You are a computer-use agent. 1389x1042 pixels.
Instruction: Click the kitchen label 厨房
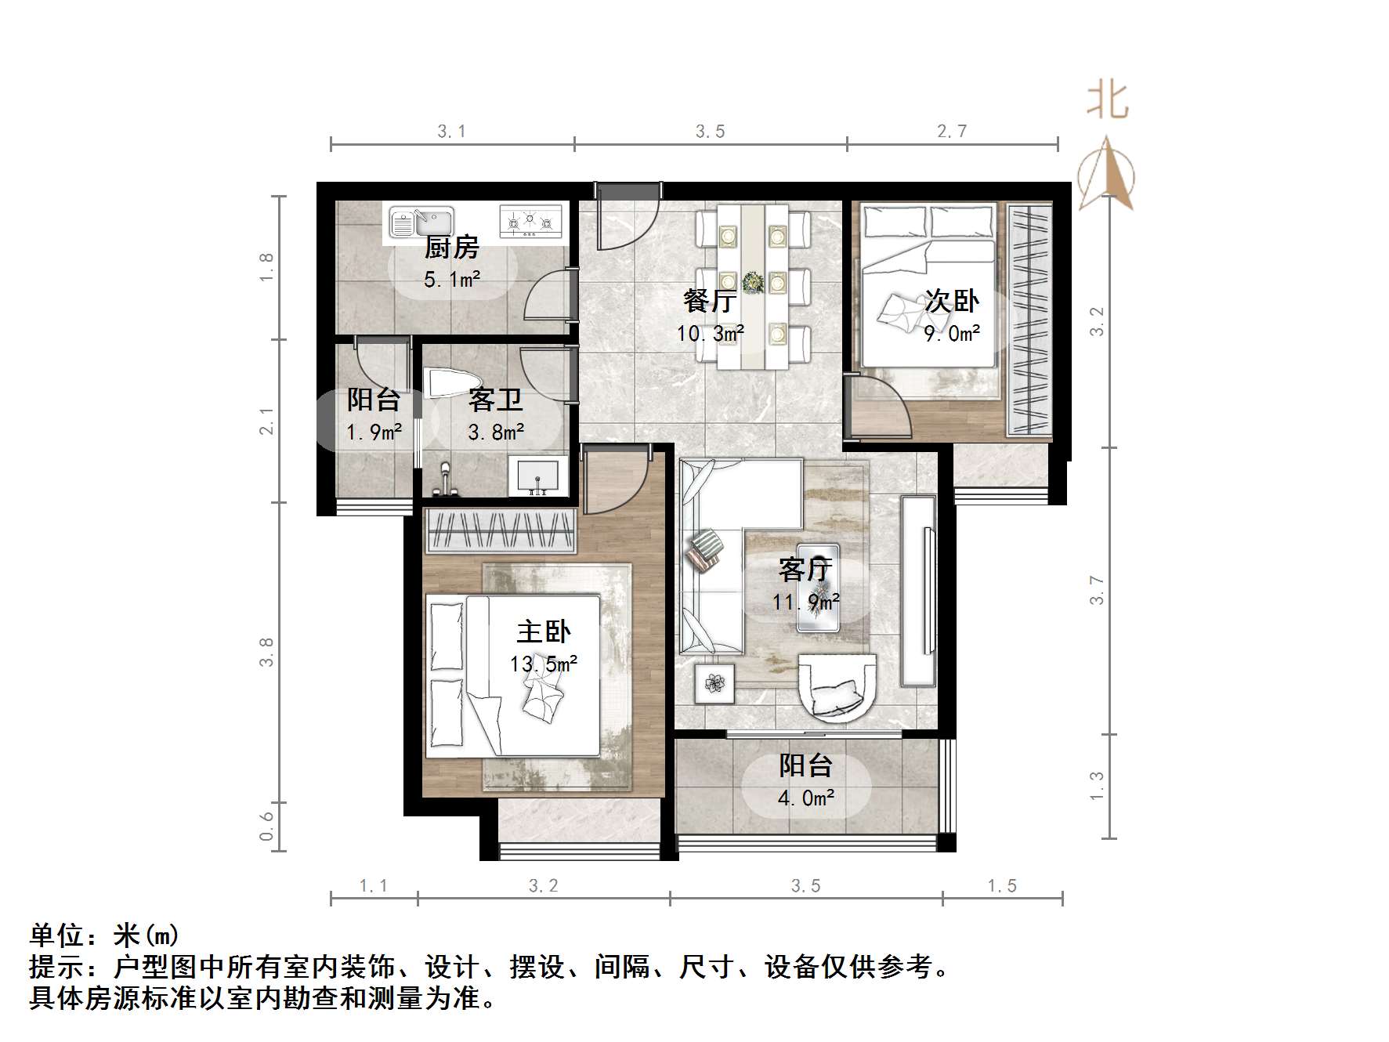coord(451,248)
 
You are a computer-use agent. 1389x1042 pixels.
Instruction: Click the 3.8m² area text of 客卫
coord(496,432)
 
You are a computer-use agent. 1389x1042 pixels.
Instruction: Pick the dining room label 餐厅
coord(710,301)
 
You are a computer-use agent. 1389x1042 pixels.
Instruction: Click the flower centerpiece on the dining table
coord(753,282)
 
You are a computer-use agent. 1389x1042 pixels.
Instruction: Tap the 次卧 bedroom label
coord(952,301)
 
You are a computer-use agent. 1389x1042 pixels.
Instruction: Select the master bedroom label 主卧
coord(544,631)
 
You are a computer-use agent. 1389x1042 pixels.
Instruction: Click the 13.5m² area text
coord(544,664)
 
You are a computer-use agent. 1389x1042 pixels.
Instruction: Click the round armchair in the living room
coord(836,686)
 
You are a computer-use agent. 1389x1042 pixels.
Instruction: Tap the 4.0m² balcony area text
coord(806,798)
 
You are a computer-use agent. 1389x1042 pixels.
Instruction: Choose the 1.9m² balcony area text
coord(374,432)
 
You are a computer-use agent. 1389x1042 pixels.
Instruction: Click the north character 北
coord(1107,101)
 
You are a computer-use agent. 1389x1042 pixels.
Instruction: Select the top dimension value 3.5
coord(711,132)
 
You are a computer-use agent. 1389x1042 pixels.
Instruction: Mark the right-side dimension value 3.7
coord(1097,590)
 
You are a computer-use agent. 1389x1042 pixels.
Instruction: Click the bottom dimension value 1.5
coord(1002,886)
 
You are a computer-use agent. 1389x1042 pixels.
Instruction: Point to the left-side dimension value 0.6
coord(267,827)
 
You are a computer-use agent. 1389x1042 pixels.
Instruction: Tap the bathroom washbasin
coord(537,477)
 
